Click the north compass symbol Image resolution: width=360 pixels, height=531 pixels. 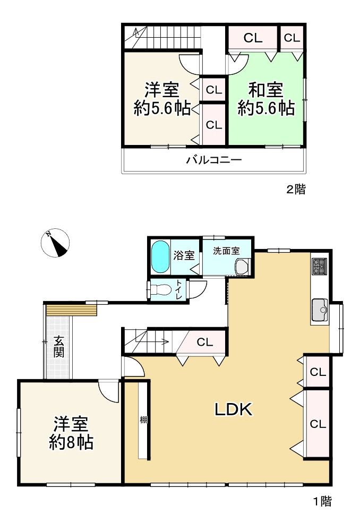pyautogui.click(x=55, y=243)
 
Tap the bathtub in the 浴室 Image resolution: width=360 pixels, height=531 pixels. pyautogui.click(x=160, y=257)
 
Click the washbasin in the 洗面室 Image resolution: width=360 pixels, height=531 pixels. pyautogui.click(x=242, y=267)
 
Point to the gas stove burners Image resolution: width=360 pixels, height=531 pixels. pyautogui.click(x=320, y=265)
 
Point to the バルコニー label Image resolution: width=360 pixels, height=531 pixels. pyautogui.click(x=213, y=160)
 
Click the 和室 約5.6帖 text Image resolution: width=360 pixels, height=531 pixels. pyautogui.click(x=267, y=99)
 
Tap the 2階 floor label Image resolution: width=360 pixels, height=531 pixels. pyautogui.click(x=296, y=190)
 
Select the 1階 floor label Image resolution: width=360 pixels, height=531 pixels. pyautogui.click(x=322, y=501)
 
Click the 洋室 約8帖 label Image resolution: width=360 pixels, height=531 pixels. pyautogui.click(x=71, y=433)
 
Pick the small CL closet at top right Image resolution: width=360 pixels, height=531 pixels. pyautogui.click(x=292, y=38)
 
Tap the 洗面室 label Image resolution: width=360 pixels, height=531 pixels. pyautogui.click(x=226, y=250)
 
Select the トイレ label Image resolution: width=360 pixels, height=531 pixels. pyautogui.click(x=178, y=290)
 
